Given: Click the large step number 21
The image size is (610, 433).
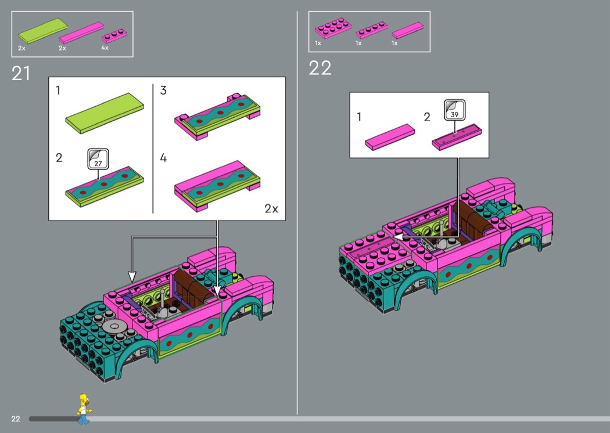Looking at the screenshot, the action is point(20,74).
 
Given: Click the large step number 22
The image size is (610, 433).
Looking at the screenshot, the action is point(320,68).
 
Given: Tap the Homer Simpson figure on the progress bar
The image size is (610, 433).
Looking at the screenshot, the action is point(84,409).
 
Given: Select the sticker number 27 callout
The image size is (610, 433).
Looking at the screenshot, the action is point(98,159).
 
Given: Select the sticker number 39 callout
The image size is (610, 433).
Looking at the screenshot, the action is point(455,110).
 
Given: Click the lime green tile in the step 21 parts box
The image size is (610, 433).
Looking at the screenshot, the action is point(43,30).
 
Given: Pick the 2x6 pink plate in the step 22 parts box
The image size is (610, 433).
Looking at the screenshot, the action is point(333,28).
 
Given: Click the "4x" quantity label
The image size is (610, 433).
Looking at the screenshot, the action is point(105,48).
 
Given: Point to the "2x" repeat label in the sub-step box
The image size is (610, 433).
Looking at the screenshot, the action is point(271,209).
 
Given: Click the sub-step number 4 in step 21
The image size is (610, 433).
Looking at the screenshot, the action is point(163,158).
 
